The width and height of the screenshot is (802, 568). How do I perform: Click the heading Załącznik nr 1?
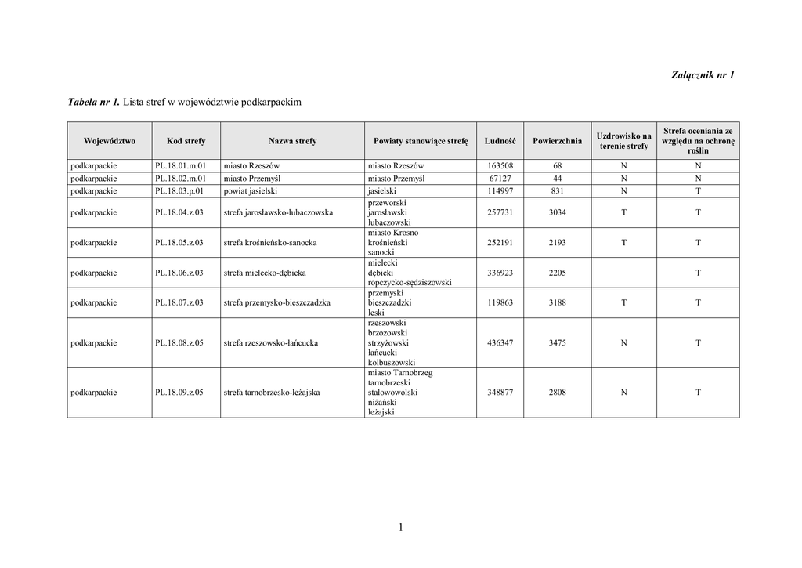click(x=703, y=75)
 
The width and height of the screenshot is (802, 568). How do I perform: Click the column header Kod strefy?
click(x=186, y=141)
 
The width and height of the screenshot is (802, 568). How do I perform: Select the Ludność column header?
click(x=500, y=141)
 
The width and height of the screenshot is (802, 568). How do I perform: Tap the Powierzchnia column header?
click(x=557, y=141)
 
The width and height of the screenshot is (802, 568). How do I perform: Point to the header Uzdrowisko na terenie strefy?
click(x=623, y=141)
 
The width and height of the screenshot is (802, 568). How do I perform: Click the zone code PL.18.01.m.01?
click(x=180, y=166)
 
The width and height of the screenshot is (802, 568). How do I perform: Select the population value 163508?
click(x=500, y=166)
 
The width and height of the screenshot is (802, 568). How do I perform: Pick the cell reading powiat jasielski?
click(x=251, y=190)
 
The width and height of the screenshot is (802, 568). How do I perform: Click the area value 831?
click(x=557, y=190)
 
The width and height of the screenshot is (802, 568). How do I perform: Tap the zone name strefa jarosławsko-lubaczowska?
click(x=278, y=212)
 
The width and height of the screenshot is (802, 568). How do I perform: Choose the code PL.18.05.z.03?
click(x=179, y=243)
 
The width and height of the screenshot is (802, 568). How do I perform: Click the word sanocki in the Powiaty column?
click(x=381, y=253)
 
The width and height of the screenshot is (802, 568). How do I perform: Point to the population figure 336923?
click(x=500, y=273)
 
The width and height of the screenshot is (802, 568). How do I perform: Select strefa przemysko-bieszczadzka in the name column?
click(x=276, y=302)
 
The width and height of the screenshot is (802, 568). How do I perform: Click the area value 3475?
click(x=557, y=343)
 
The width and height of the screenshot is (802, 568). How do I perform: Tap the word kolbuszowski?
click(x=392, y=363)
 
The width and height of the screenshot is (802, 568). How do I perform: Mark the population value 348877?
click(x=500, y=393)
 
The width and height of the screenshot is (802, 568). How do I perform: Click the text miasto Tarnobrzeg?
click(x=399, y=373)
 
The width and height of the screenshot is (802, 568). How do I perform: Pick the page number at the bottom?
click(x=400, y=528)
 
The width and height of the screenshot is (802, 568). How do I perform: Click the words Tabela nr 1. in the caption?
click(x=94, y=103)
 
